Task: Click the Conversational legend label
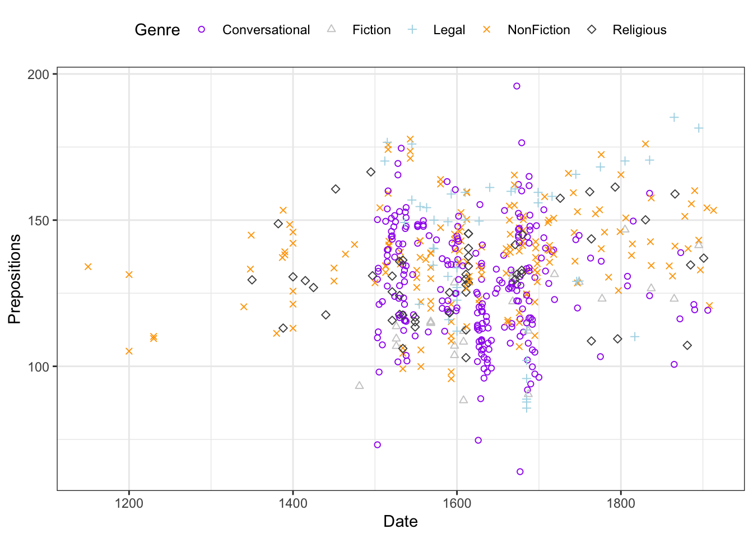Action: (x=266, y=30)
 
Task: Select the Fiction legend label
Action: (x=371, y=30)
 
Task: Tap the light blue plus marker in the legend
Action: (x=412, y=29)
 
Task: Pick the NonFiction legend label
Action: (x=538, y=30)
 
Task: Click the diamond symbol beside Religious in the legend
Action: (x=592, y=29)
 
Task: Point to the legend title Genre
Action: (x=157, y=30)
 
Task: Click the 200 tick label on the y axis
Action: (x=39, y=74)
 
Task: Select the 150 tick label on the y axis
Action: (x=39, y=220)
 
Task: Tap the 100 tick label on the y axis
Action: (x=39, y=367)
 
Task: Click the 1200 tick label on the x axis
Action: (x=129, y=503)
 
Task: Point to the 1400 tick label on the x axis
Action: (x=293, y=503)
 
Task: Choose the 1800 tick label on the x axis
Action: (x=621, y=503)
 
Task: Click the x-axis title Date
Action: (x=401, y=522)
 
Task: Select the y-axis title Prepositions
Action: (x=15, y=279)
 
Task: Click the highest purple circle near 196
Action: (x=517, y=86)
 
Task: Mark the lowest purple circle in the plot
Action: (x=520, y=471)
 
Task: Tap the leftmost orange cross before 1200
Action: (x=88, y=266)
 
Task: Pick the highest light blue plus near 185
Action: (x=674, y=117)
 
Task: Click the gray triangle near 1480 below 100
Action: (x=360, y=385)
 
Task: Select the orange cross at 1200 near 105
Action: (x=129, y=351)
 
